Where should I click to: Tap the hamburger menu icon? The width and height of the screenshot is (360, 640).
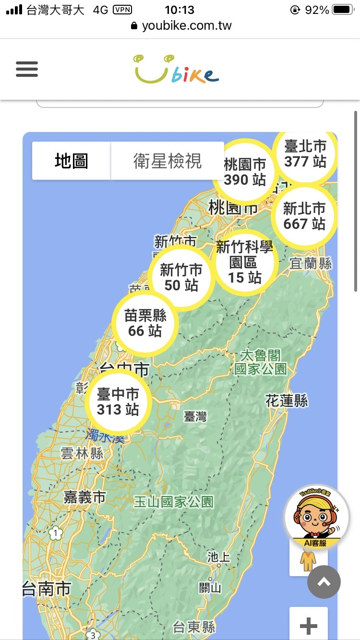coord(27,70)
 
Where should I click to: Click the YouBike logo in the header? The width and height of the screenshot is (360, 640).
coord(176,70)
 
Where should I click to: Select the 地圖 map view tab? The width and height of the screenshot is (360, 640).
coord(72,161)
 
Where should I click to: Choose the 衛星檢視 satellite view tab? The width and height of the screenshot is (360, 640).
coord(168,161)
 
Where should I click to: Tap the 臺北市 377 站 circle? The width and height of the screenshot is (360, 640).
coord(305,154)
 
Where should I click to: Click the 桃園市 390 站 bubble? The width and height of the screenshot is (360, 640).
coord(245,172)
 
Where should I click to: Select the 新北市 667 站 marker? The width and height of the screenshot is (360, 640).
coord(304,216)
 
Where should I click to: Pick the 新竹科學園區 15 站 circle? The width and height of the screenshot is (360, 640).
coord(245,262)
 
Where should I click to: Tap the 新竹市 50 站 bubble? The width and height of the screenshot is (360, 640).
coord(181,277)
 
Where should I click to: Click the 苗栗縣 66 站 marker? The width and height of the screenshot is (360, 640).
coord(145,323)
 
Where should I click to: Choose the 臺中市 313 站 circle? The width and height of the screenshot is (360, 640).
coord(118,402)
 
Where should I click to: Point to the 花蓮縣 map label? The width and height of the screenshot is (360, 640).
coord(287,401)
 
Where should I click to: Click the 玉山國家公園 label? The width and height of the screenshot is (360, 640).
coord(173,502)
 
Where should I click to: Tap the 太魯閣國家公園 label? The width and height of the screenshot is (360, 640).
coord(261,362)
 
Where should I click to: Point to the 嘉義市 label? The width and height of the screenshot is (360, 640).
coord(84,498)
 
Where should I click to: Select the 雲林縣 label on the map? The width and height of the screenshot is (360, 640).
coord(82,453)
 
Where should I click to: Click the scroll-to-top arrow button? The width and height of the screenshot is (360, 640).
coord(324,582)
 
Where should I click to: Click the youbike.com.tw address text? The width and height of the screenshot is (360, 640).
coord(187,25)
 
